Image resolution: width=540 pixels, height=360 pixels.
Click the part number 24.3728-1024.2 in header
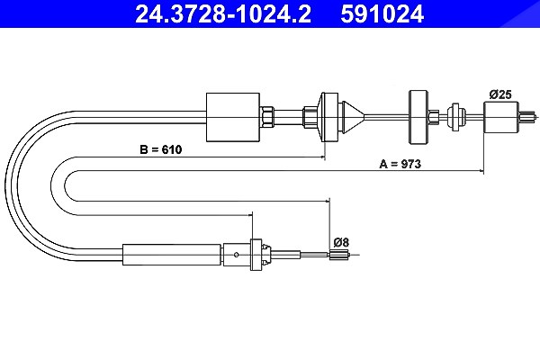tap(223, 14)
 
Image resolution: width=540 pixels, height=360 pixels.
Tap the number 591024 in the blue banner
tap(382, 14)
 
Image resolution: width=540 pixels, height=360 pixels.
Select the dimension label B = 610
tap(161, 149)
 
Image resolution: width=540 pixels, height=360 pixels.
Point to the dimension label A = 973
tap(400, 164)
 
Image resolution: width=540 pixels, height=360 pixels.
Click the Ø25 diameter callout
tap(500, 94)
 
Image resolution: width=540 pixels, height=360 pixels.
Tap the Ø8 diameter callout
tap(341, 242)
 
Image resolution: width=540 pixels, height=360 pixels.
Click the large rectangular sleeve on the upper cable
tap(233, 117)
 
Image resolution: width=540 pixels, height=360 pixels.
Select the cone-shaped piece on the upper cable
tap(353, 117)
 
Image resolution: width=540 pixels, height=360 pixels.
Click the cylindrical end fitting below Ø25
tap(501, 117)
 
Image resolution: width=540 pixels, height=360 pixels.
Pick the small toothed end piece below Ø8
tap(335, 255)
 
